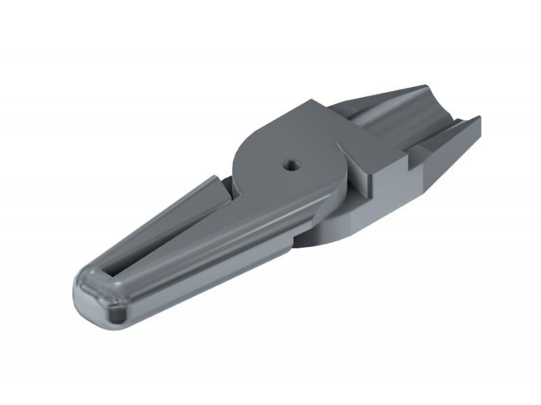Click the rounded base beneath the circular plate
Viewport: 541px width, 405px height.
(x=331, y=226)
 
